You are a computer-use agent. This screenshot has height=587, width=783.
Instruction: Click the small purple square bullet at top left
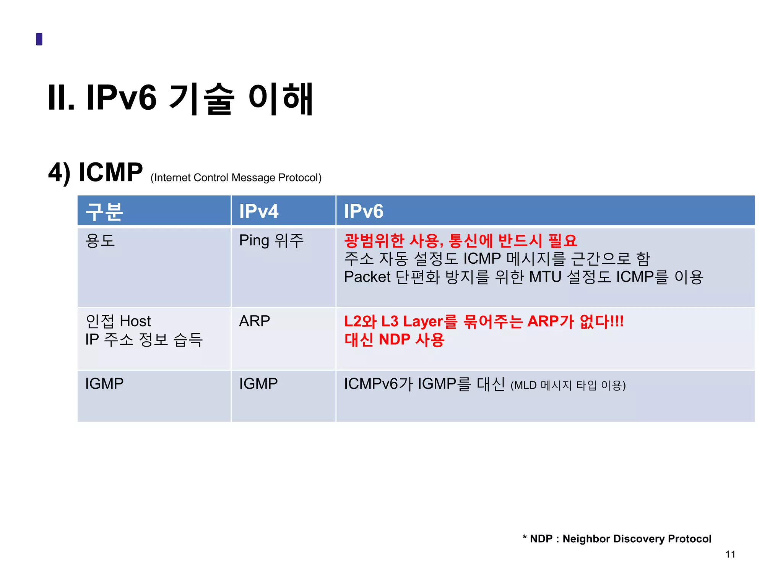(39, 39)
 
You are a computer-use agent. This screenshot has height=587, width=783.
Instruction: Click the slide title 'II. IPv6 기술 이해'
(180, 99)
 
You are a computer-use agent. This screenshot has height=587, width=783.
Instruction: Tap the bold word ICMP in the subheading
(110, 172)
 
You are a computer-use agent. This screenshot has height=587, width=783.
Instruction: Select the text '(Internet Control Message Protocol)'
(236, 178)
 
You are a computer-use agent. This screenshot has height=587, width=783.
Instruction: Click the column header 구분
(104, 211)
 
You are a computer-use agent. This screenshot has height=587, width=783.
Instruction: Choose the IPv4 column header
(259, 211)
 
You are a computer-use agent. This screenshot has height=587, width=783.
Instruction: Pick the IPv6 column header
(364, 211)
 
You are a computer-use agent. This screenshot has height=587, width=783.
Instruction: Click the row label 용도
(100, 241)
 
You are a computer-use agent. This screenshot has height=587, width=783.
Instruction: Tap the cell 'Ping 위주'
(271, 241)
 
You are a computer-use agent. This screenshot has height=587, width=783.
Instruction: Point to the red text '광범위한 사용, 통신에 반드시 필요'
(460, 241)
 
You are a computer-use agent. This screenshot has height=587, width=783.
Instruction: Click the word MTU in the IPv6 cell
(545, 277)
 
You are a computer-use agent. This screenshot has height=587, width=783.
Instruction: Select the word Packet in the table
(367, 277)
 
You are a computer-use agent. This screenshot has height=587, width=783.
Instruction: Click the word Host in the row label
(135, 321)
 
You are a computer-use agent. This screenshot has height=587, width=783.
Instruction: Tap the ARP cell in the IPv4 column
(255, 321)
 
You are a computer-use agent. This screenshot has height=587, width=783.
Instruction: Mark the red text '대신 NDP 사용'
(394, 339)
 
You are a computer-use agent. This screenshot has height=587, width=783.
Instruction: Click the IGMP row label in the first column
(104, 384)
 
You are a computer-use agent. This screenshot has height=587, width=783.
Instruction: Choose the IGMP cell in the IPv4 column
(258, 384)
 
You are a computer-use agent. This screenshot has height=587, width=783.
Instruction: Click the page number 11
(730, 555)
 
